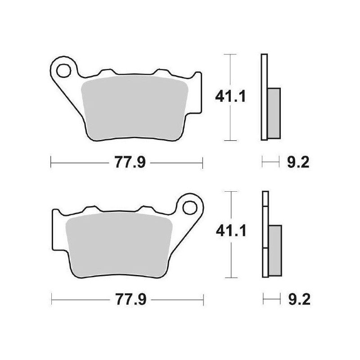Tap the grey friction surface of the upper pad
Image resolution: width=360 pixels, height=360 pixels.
[135, 106]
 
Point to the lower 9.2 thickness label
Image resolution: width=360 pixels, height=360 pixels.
[297, 298]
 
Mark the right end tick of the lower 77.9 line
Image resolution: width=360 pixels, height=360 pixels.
[204, 298]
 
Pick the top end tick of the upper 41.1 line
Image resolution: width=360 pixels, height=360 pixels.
[230, 55]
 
